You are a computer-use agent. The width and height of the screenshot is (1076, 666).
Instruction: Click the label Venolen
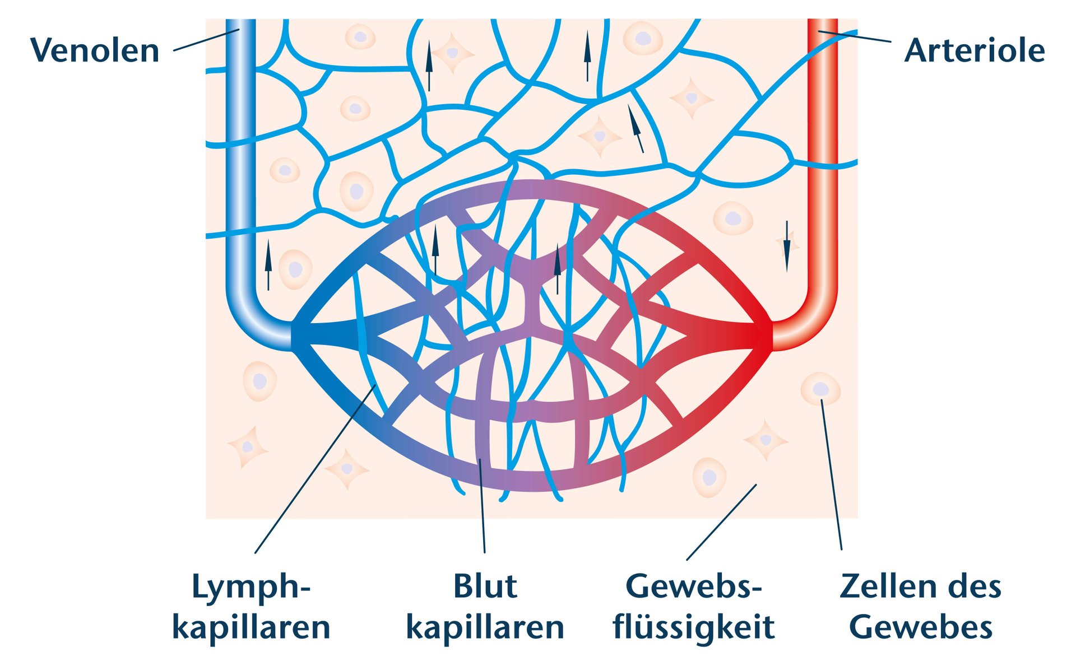pos(95,50)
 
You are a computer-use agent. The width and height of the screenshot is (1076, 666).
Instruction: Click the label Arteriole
pos(974,50)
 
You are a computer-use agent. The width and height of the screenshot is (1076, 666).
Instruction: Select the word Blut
pos(485,586)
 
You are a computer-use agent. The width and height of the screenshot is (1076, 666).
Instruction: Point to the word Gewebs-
pos(694,586)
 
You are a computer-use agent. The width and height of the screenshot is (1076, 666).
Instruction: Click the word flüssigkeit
pos(694,627)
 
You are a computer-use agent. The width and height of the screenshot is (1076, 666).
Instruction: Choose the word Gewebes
pos(921,627)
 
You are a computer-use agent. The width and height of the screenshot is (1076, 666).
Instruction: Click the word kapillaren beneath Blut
pos(485,627)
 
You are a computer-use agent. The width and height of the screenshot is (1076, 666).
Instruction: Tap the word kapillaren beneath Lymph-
pos(251,627)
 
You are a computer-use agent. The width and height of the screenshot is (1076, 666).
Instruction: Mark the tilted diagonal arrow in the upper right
pos(635,128)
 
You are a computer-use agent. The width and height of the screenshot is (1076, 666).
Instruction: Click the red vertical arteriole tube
pos(823,168)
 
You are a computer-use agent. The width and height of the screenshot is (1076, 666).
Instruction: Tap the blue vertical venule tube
pos(240,168)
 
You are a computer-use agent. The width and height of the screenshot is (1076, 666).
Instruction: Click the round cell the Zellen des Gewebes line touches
pos(820,389)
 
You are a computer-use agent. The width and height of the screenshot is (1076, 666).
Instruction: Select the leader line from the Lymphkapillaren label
pos(314,471)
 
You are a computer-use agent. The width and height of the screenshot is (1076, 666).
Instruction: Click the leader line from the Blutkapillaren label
pos(482,504)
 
